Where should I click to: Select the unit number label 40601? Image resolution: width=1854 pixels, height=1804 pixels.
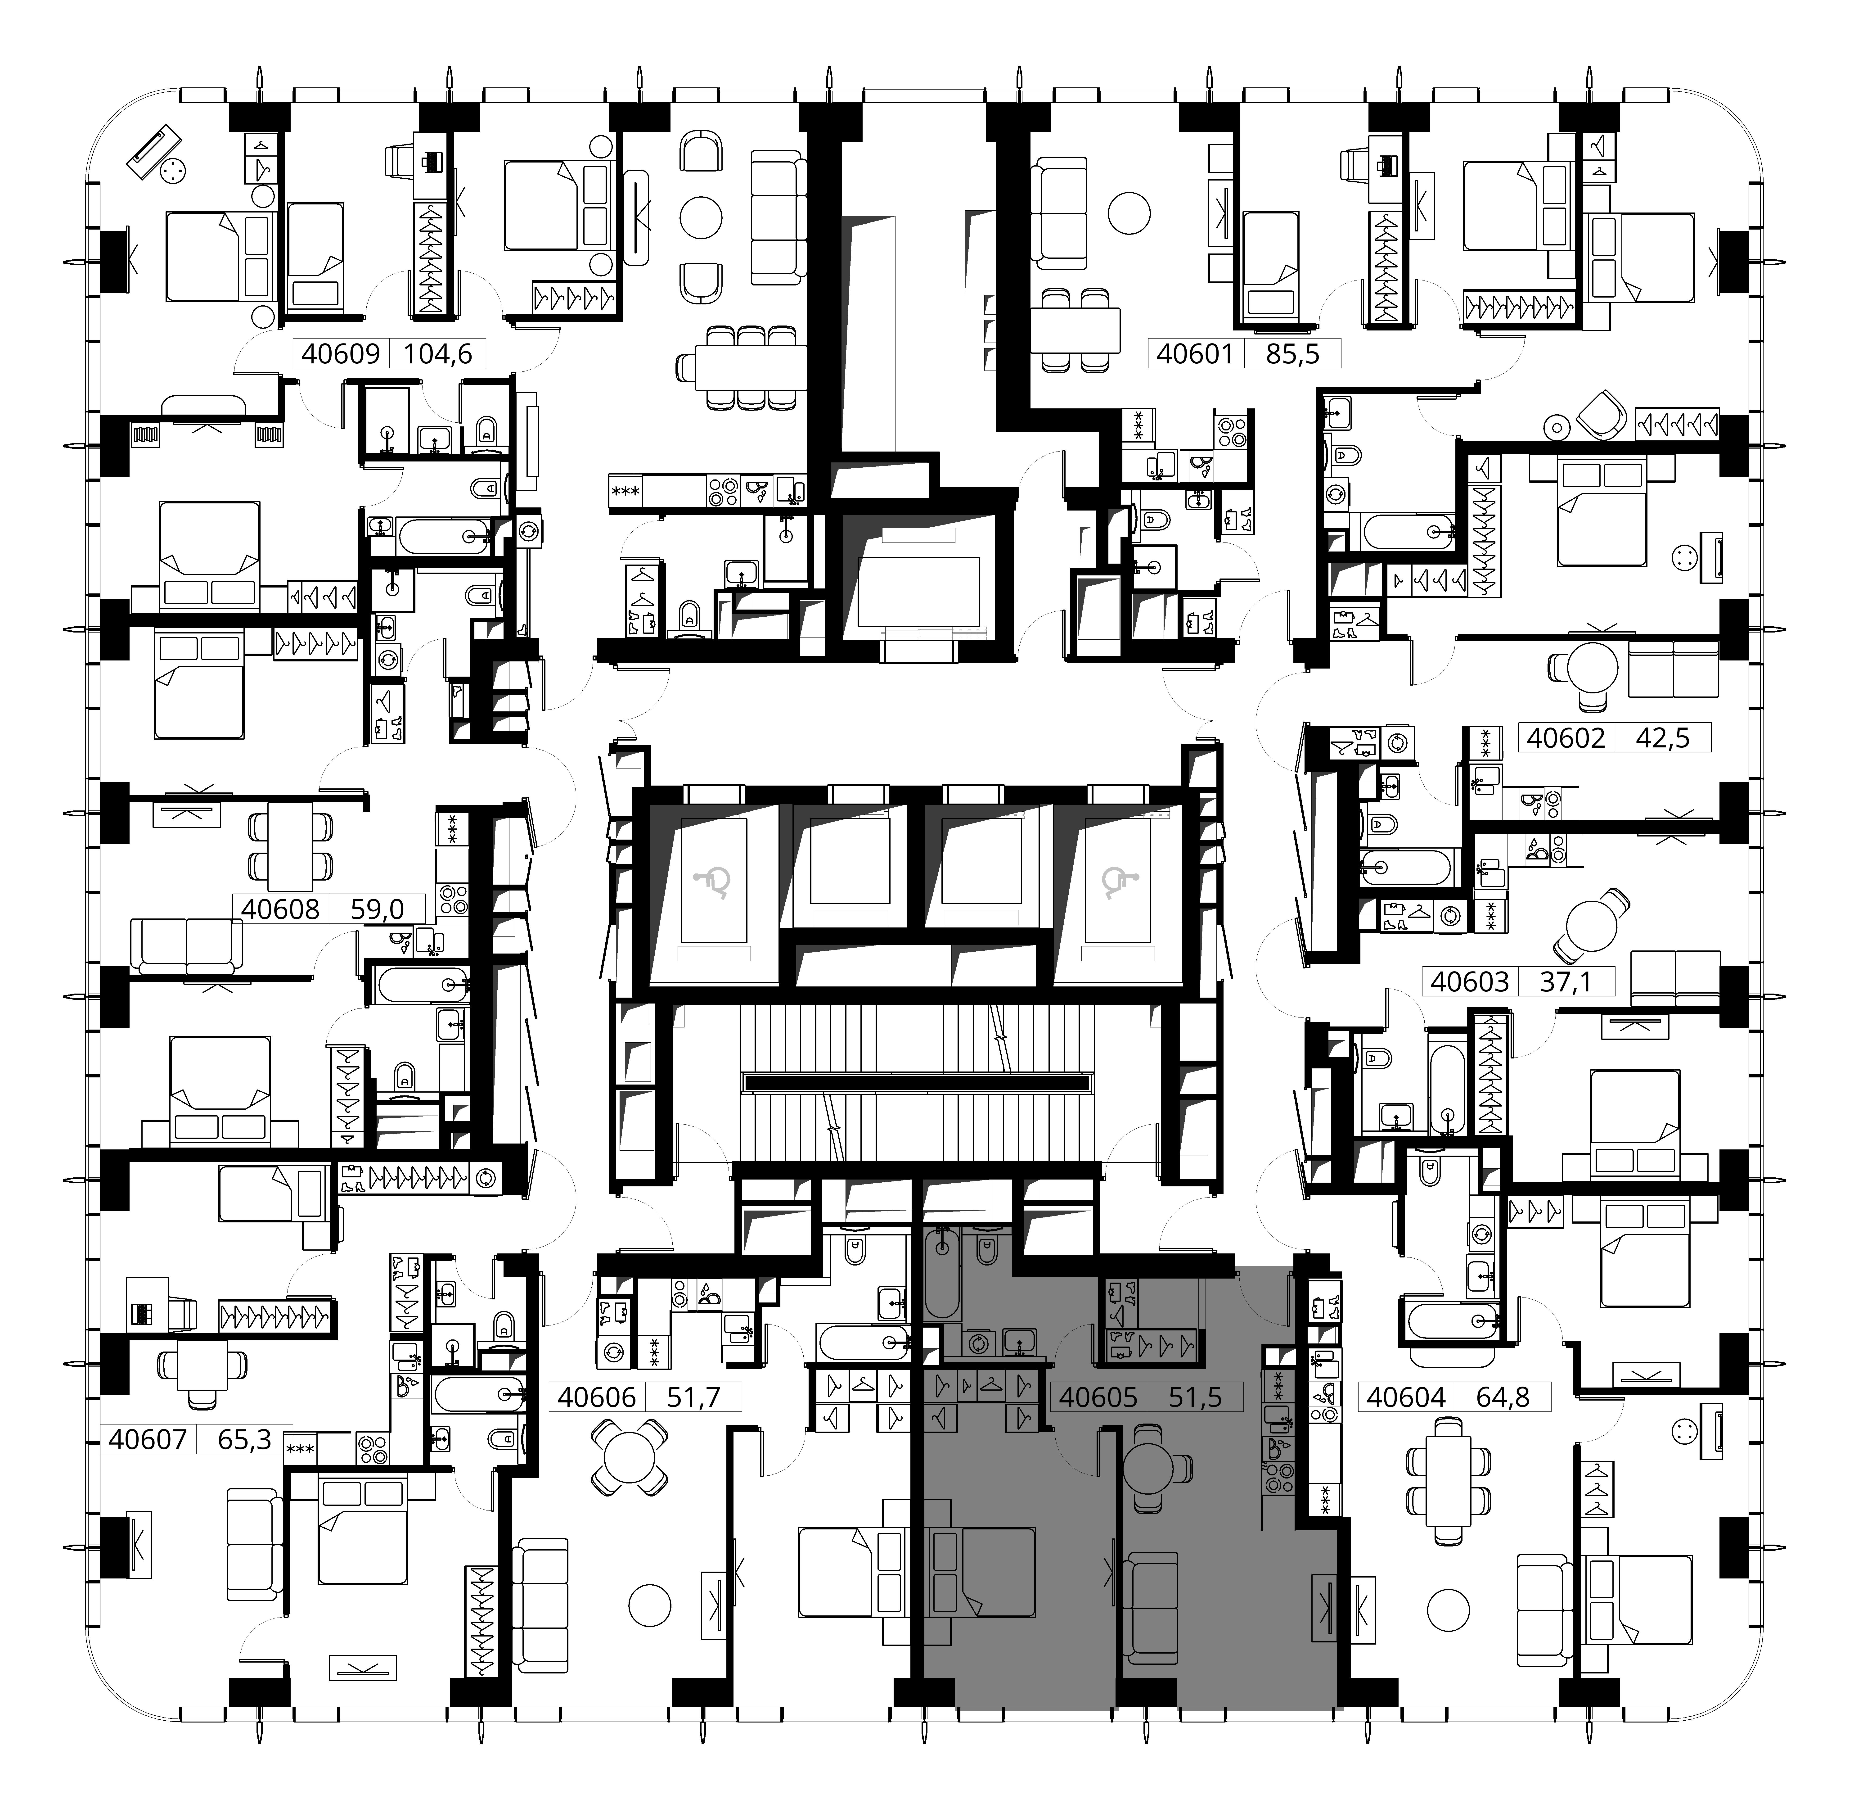pyautogui.click(x=1196, y=354)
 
